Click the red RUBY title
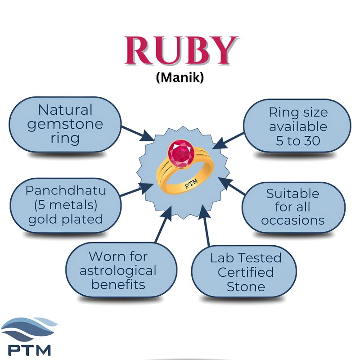pyautogui.click(x=181, y=51)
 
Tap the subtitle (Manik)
pyautogui.click(x=180, y=77)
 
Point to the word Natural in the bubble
pyautogui.click(x=65, y=110)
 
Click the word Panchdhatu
pyautogui.click(x=66, y=190)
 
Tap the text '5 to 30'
pyautogui.click(x=298, y=140)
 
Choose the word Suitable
pyautogui.click(x=293, y=193)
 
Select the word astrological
pyautogui.click(x=118, y=271)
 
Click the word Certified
pyautogui.click(x=246, y=272)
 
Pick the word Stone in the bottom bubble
pyautogui.click(x=246, y=287)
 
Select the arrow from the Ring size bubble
pyautogui.click(x=228, y=140)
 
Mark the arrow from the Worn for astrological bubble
pyautogui.click(x=163, y=224)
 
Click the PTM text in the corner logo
pyautogui.click(x=29, y=350)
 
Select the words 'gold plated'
pyautogui.click(x=66, y=220)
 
